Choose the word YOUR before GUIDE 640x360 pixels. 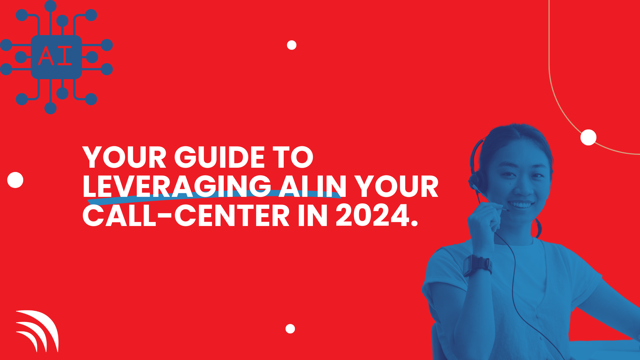click(124, 157)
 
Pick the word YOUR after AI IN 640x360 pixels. click(398, 186)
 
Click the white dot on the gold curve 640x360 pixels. click(589, 137)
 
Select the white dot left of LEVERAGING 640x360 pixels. click(15, 180)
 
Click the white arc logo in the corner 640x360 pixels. click(37, 331)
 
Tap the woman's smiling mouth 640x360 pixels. click(521, 205)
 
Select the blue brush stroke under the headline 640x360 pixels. click(214, 197)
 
